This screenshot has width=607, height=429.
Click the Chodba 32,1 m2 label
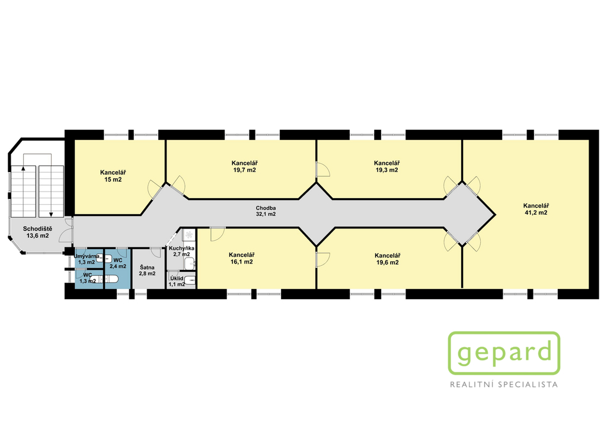(x=266, y=211)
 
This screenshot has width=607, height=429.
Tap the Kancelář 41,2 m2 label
(x=536, y=209)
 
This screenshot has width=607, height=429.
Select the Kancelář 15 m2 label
(x=113, y=176)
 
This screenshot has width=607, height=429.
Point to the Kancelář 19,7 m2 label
(x=244, y=167)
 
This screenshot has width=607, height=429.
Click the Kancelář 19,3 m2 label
(x=386, y=167)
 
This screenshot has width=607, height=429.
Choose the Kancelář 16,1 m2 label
(x=242, y=259)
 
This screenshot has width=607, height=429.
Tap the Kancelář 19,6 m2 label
(x=387, y=259)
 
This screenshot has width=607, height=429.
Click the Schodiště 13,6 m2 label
(x=37, y=232)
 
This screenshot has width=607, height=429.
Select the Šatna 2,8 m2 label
(x=147, y=270)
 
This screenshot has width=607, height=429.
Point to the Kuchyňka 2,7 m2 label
(x=181, y=251)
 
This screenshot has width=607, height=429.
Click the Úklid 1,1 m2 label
(x=177, y=281)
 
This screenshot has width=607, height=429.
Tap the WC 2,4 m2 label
(x=118, y=263)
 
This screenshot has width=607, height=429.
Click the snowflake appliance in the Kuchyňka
(x=189, y=234)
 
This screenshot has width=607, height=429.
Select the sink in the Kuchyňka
(x=190, y=264)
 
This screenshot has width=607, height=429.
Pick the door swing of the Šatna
(x=155, y=253)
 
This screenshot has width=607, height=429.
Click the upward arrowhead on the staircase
(x=23, y=168)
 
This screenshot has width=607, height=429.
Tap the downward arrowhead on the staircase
(x=51, y=214)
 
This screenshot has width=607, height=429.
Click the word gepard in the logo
(x=504, y=352)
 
